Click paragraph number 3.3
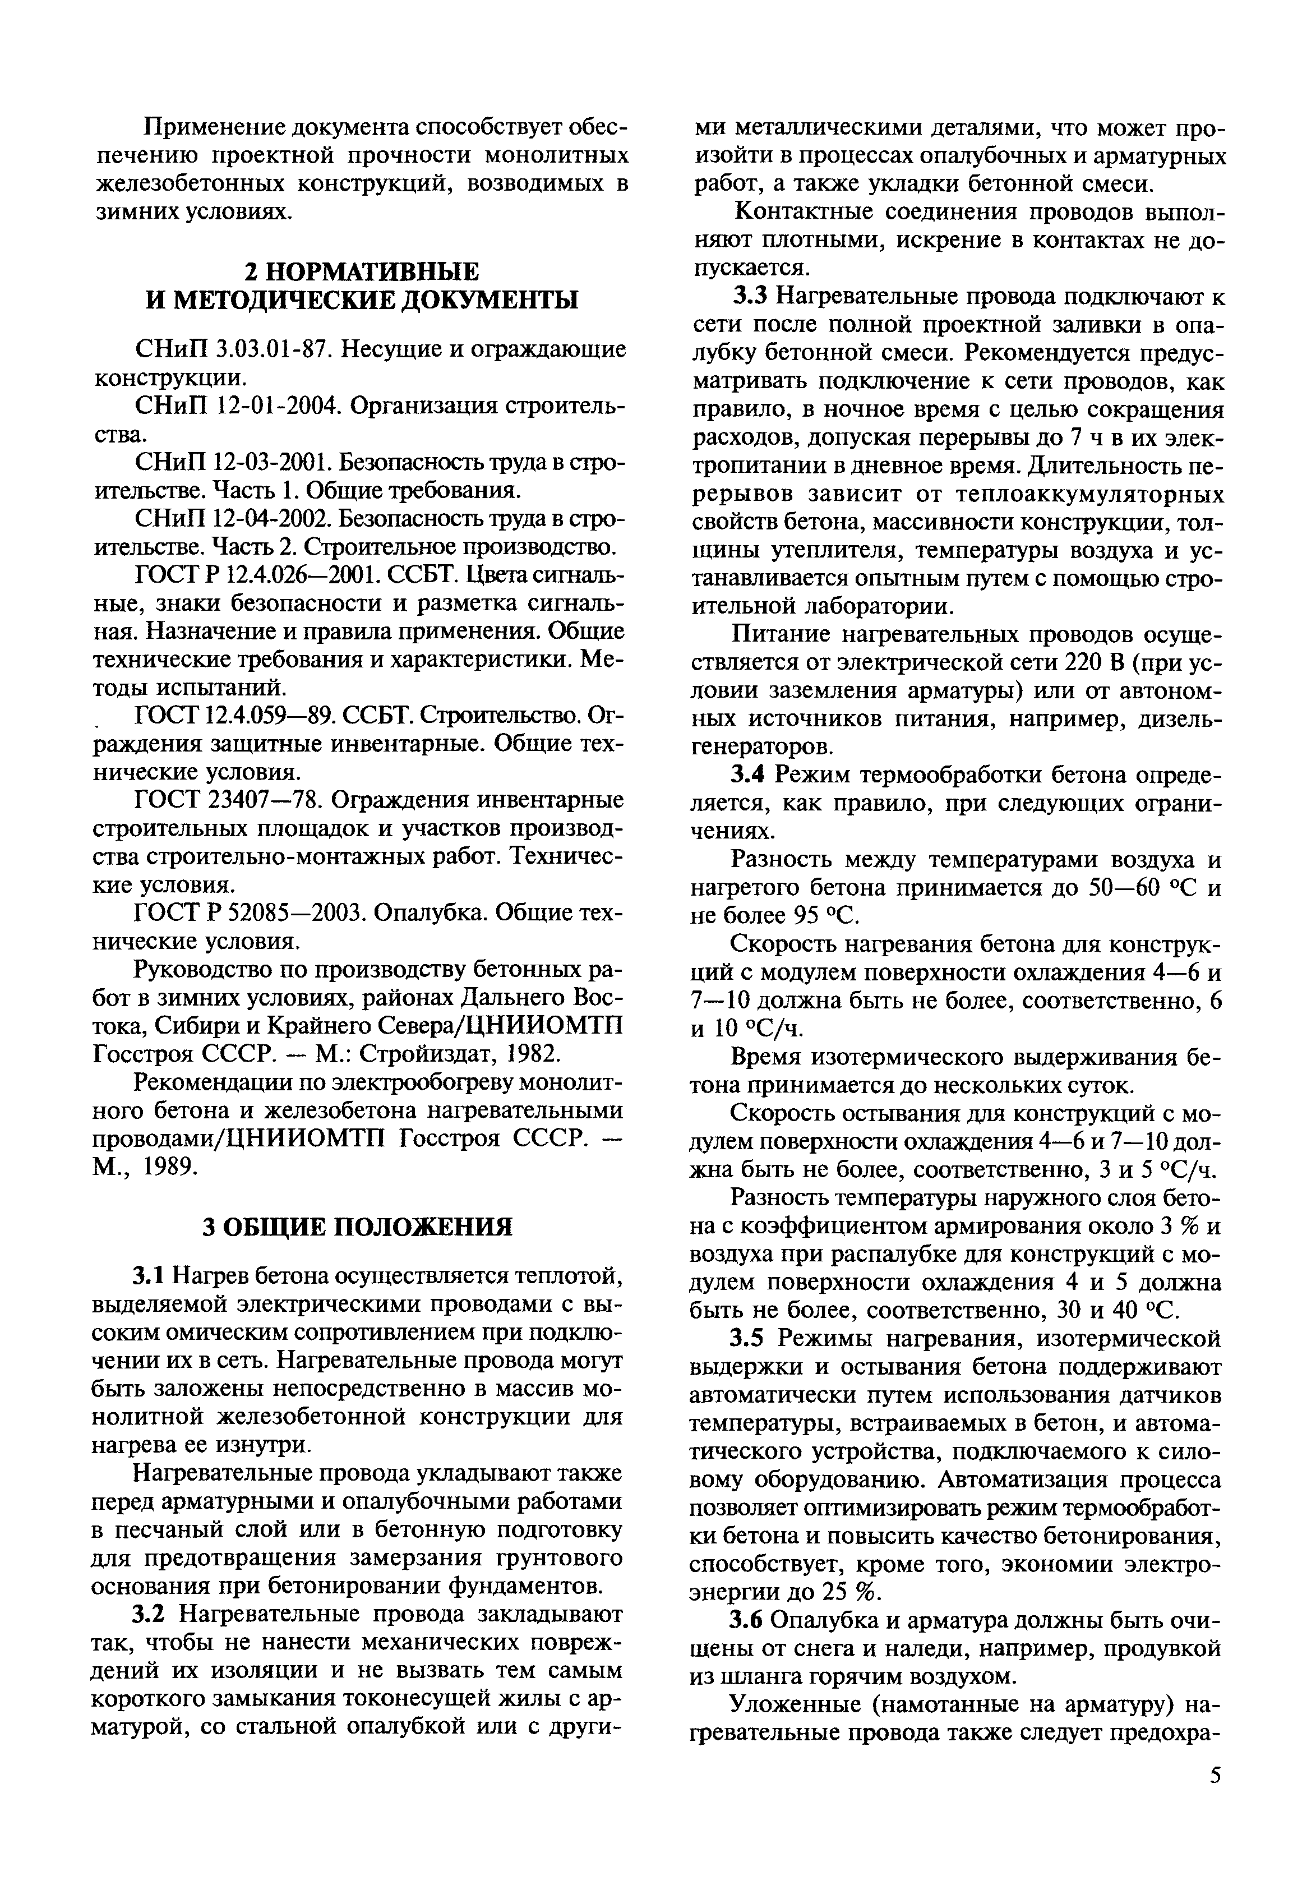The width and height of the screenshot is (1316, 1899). coord(750,297)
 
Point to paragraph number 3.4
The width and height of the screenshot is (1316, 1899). coord(750,775)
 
